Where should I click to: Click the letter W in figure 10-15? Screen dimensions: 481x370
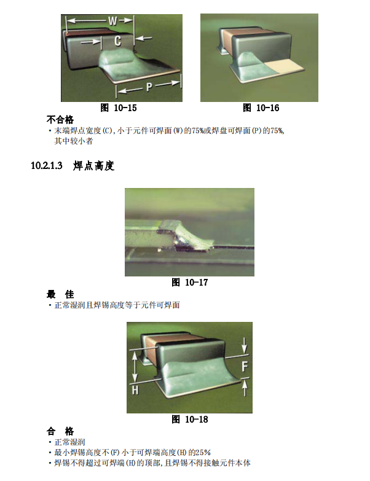click(112, 21)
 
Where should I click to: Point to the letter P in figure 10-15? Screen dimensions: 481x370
click(149, 87)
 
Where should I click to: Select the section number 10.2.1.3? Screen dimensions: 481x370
click(47, 166)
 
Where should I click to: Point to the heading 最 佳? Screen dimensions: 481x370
click(60, 294)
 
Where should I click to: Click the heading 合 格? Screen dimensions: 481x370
click(60, 431)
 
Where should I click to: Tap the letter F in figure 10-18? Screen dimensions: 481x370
click(243, 367)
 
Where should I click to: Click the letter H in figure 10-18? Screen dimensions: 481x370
click(135, 391)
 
